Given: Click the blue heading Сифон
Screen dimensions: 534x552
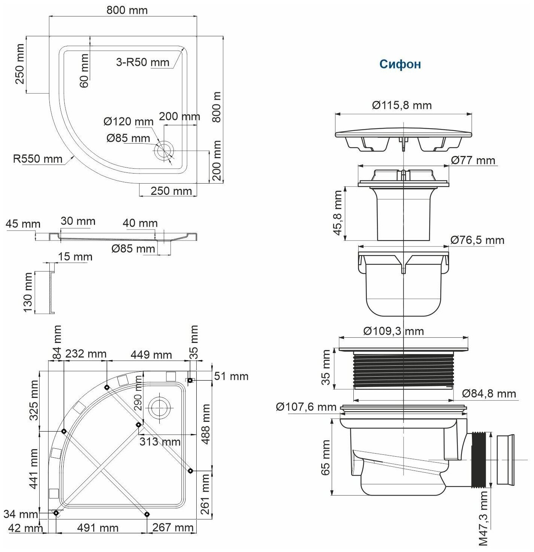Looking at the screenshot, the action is pyautogui.click(x=400, y=64).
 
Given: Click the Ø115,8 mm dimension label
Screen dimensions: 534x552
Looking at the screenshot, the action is pyautogui.click(x=402, y=105).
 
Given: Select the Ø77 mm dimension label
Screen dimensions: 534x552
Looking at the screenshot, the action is pyautogui.click(x=473, y=160).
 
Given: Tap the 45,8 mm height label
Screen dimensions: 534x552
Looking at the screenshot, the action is pyautogui.click(x=338, y=213).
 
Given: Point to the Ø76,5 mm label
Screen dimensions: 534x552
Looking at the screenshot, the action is pyautogui.click(x=477, y=240).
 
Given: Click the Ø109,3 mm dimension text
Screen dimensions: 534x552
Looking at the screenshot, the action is pyautogui.click(x=393, y=331).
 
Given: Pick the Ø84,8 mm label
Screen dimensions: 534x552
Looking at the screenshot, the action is pyautogui.click(x=489, y=393).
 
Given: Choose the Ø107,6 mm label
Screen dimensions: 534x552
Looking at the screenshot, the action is pyautogui.click(x=306, y=407).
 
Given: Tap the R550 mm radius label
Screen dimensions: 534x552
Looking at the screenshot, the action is pyautogui.click(x=38, y=159).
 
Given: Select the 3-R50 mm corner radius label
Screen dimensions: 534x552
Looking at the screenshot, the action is pyautogui.click(x=142, y=62).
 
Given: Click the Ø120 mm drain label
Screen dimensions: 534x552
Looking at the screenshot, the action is pyautogui.click(x=128, y=122).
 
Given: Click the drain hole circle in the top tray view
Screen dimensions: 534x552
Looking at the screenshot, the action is pyautogui.click(x=164, y=151).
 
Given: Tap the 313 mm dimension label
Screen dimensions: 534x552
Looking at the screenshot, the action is pyautogui.click(x=160, y=442).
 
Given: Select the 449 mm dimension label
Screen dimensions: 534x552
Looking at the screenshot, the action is pyautogui.click(x=151, y=354).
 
